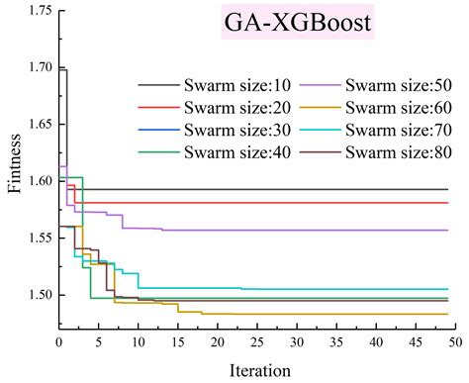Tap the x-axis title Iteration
tap(257, 369)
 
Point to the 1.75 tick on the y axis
tap(37, 11)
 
